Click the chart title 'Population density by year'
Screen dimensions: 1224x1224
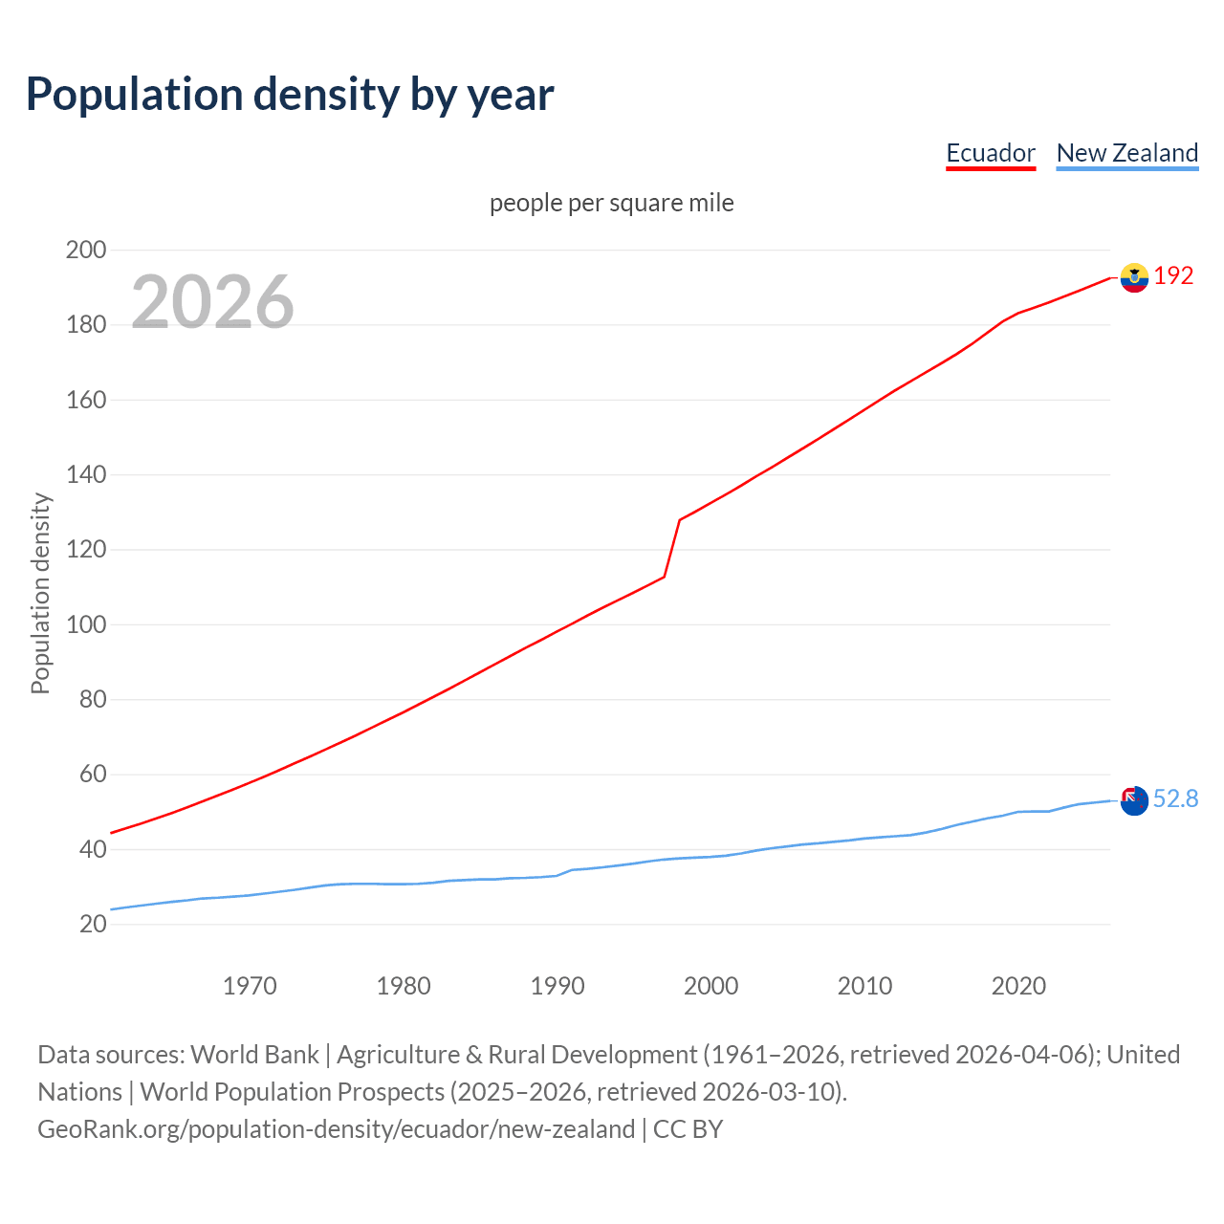[290, 95]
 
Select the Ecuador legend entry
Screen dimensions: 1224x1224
[990, 153]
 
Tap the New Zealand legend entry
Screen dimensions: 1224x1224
[1126, 153]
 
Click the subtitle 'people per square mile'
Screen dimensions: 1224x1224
[611, 203]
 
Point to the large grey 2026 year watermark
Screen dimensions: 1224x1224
[212, 302]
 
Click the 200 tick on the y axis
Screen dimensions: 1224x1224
[85, 251]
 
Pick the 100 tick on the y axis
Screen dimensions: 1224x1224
[85, 624]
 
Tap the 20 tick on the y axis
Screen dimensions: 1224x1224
[93, 924]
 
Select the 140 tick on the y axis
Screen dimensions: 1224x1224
[85, 475]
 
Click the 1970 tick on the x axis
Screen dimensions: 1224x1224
[250, 986]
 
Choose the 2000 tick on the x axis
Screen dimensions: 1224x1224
[710, 986]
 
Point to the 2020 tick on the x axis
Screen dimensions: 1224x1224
[1018, 986]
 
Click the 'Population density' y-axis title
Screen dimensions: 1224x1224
[40, 593]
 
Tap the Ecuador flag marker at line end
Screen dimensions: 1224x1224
[1134, 277]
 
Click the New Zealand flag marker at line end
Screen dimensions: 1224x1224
[1134, 800]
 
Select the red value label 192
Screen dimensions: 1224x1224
[1173, 276]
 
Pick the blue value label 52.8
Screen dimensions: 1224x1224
[1175, 799]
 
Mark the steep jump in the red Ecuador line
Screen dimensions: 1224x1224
[671, 549]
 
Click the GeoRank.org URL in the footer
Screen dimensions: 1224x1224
[336, 1129]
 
